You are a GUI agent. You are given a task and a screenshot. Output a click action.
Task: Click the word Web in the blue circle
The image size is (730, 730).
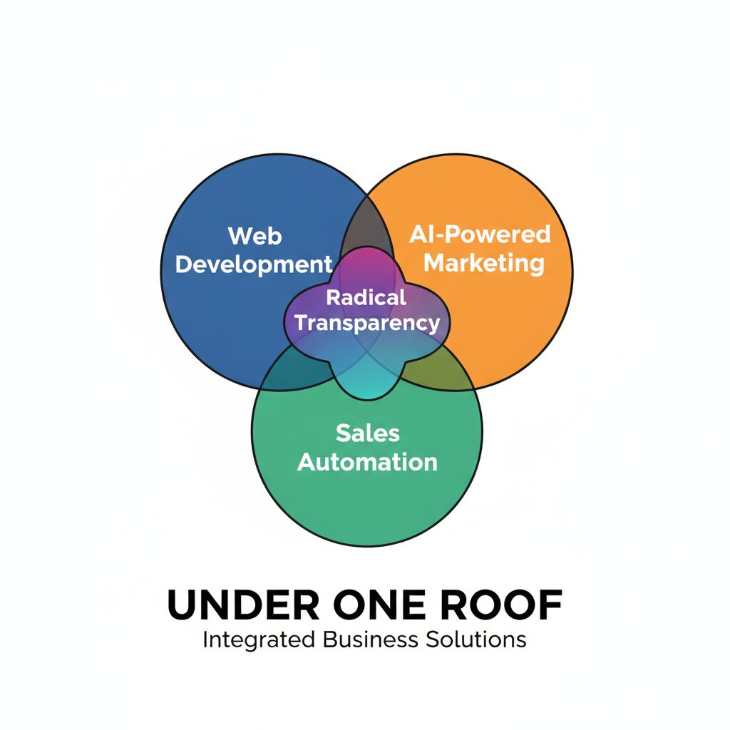tap(255, 235)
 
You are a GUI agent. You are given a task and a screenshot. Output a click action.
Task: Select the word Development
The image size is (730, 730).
tap(254, 265)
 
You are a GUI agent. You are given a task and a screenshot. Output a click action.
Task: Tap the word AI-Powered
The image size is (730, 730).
tap(480, 234)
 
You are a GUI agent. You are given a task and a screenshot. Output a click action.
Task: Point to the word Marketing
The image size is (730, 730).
tap(484, 264)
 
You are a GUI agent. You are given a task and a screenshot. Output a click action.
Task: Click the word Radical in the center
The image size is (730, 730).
tap(366, 297)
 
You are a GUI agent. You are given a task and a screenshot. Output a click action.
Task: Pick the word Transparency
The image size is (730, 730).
tap(367, 323)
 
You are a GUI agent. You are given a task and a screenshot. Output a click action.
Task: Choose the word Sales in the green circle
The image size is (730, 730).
tap(367, 433)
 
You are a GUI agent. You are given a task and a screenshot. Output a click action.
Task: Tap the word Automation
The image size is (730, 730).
tap(367, 462)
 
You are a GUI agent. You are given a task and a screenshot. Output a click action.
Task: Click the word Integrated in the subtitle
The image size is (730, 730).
tap(259, 640)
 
